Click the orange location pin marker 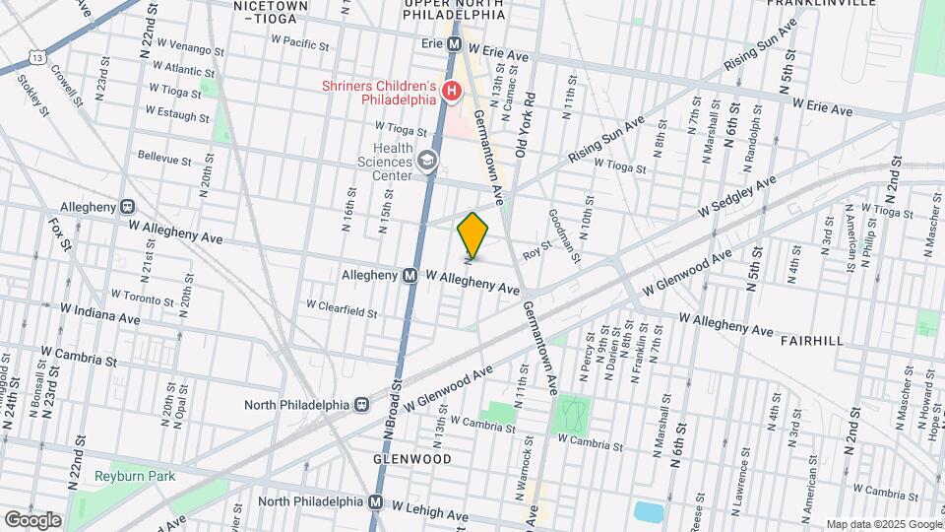(473, 234)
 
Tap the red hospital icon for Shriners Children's (452, 93)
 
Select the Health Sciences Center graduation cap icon (427, 161)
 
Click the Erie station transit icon (455, 45)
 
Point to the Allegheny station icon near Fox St (127, 207)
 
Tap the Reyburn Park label (134, 476)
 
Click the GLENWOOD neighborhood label (411, 459)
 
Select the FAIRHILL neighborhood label (811, 340)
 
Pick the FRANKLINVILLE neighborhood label (826, 4)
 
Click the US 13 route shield (36, 59)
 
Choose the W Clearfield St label (342, 310)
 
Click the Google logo (32, 520)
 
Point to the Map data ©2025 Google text (883, 524)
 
